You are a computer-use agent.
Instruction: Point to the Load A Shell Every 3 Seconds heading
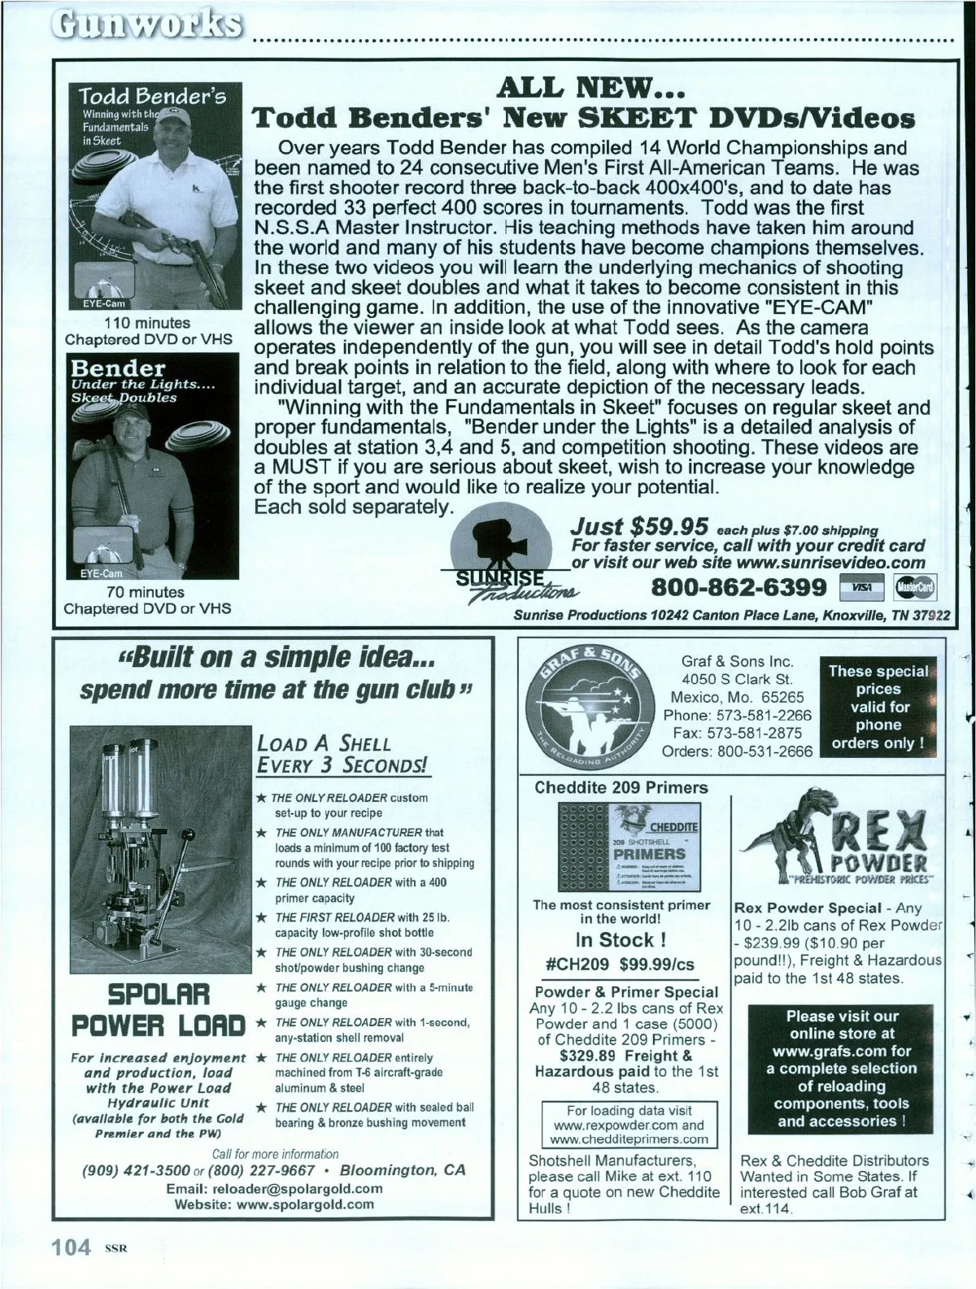342,754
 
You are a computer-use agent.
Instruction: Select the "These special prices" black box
878,707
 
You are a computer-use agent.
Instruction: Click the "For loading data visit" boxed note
629,1125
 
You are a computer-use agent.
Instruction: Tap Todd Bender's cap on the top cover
177,120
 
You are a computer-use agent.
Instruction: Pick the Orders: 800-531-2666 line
737,751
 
